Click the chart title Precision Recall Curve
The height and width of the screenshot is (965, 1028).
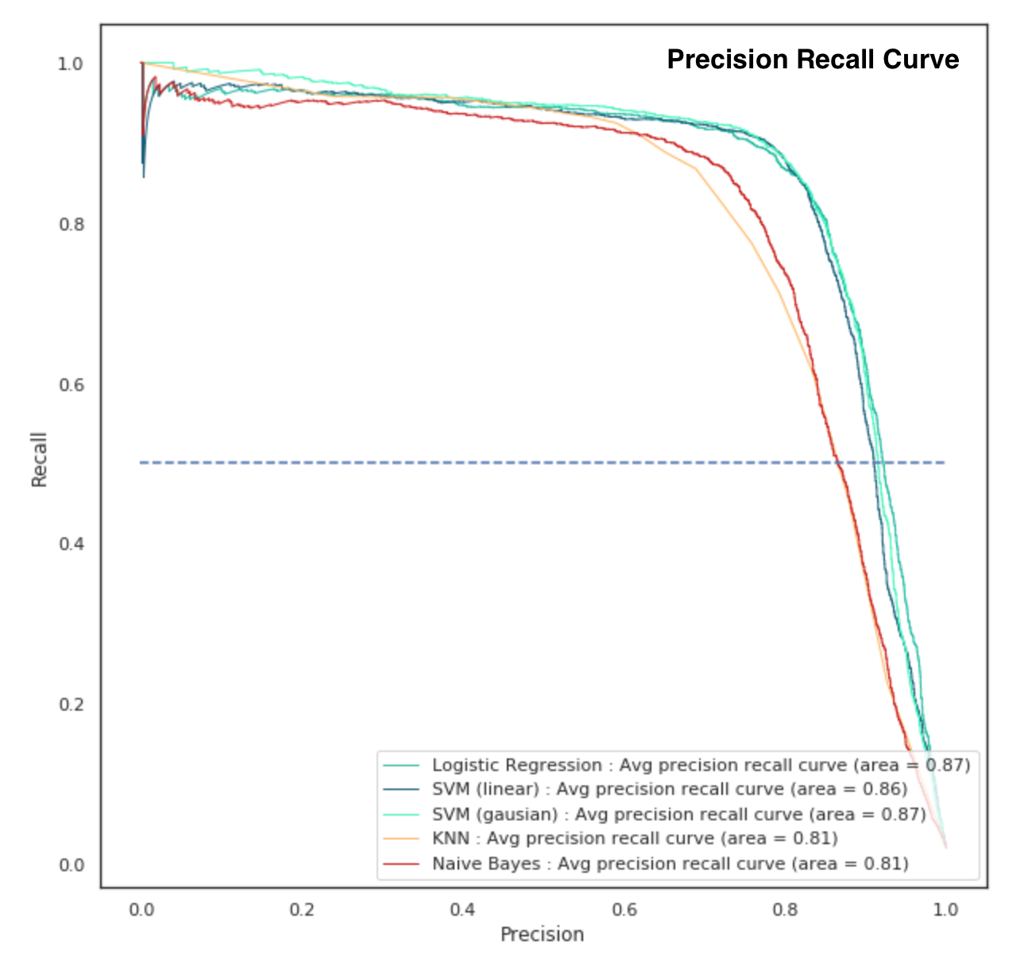(x=813, y=60)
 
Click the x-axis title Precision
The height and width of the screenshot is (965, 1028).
(x=542, y=935)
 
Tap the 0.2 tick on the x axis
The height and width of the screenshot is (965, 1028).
(x=302, y=909)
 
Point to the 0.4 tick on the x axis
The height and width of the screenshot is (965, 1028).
(x=462, y=909)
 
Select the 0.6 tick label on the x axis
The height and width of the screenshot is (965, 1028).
(x=624, y=909)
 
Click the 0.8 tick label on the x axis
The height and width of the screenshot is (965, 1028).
(x=785, y=909)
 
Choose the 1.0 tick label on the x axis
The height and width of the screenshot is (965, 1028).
(x=945, y=909)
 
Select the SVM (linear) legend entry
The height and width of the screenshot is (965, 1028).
(x=669, y=789)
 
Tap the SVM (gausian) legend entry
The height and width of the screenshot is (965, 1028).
(x=678, y=815)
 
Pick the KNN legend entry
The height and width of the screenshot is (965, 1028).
(x=635, y=839)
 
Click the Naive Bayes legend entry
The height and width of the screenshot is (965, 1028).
(x=670, y=864)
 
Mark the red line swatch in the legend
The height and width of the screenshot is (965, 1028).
(x=401, y=864)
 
